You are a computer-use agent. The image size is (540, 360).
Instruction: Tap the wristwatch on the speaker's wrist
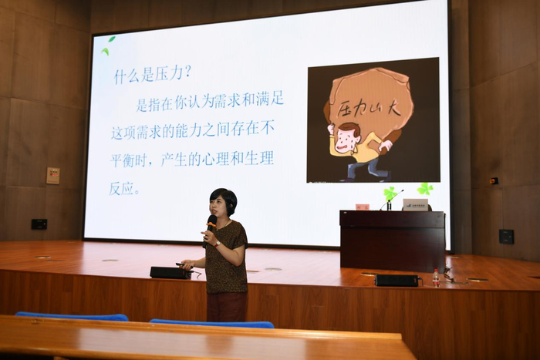pos(217,244)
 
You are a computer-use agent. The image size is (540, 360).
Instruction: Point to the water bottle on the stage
pos(436,278)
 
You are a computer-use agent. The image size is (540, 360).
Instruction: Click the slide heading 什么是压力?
pos(153,75)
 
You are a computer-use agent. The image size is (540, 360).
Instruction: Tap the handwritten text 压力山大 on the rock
pos(369,109)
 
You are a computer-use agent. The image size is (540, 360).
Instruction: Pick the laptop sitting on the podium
pos(415,204)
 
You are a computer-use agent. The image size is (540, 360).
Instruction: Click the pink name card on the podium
pos(363,207)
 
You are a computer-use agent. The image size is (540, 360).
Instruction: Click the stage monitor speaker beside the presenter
pos(170,273)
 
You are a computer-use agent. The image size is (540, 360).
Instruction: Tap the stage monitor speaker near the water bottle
pos(397,280)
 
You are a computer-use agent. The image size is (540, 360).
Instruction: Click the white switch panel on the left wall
pos(53,176)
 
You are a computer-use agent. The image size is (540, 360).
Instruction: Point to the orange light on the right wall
pos(494,180)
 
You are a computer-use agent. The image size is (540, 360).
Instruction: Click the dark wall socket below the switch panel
pos(39,224)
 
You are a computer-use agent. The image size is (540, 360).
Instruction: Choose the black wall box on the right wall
pos(506,237)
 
